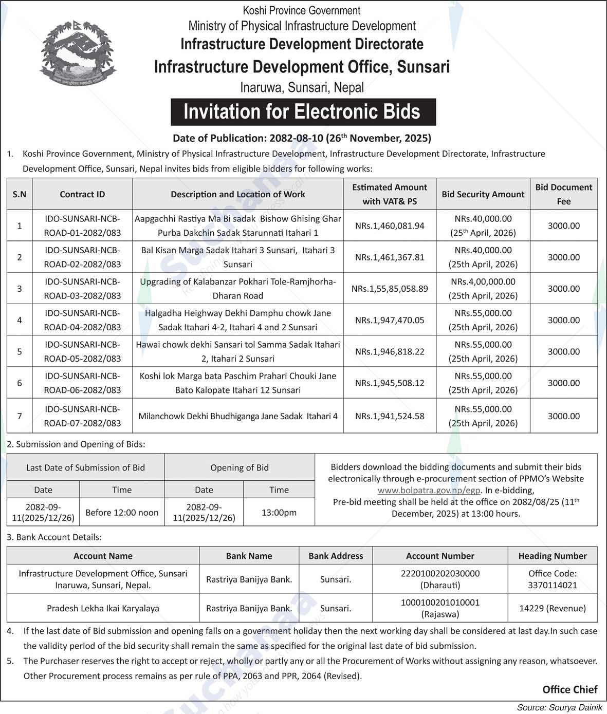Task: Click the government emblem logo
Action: click(x=78, y=53)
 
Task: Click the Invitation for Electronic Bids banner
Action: click(x=303, y=112)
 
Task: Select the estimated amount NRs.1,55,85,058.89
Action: click(x=390, y=289)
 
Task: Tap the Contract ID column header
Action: click(x=82, y=194)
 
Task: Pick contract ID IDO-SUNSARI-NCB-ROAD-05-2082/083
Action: click(x=82, y=351)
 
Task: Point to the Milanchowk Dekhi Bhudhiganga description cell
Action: click(x=238, y=416)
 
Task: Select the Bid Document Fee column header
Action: click(x=563, y=194)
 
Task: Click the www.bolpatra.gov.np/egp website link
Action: click(x=429, y=490)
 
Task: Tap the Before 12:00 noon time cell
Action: click(x=122, y=512)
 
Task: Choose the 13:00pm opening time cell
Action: click(x=279, y=512)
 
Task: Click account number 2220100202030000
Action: click(x=440, y=573)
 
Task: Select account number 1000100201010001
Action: click(x=440, y=602)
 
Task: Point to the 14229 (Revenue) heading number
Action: click(x=553, y=608)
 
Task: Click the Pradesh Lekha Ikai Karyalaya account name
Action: click(x=103, y=608)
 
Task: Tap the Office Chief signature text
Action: click(x=569, y=689)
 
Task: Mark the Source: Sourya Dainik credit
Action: click(x=559, y=707)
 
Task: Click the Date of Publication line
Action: click(x=302, y=138)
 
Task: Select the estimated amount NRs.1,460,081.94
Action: click(x=390, y=226)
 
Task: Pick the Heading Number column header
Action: click(x=553, y=556)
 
